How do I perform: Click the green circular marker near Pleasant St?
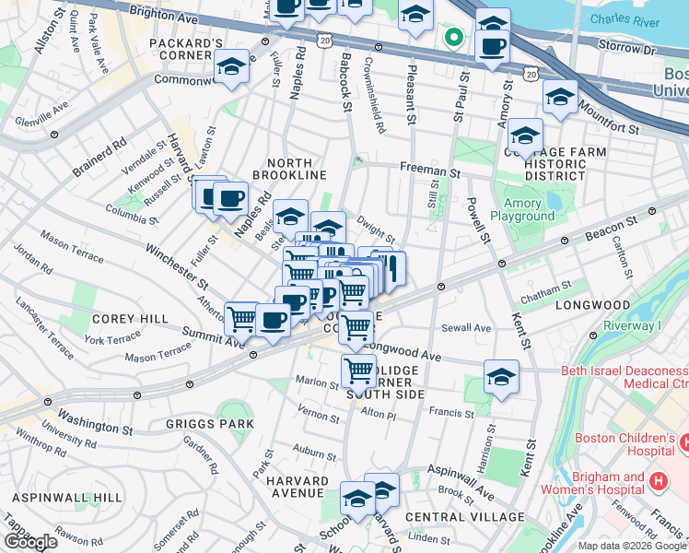[452, 38]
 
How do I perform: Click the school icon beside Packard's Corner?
[230, 67]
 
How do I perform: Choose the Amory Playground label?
[529, 209]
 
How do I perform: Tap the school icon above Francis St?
[500, 376]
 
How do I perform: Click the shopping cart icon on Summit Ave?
[241, 319]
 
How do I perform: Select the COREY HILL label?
[130, 319]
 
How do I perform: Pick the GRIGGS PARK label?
[196, 425]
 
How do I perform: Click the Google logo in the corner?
[30, 542]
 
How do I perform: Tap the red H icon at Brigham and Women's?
[658, 481]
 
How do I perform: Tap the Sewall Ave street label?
[466, 327]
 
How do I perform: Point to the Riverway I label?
[633, 325]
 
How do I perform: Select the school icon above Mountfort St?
[559, 97]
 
